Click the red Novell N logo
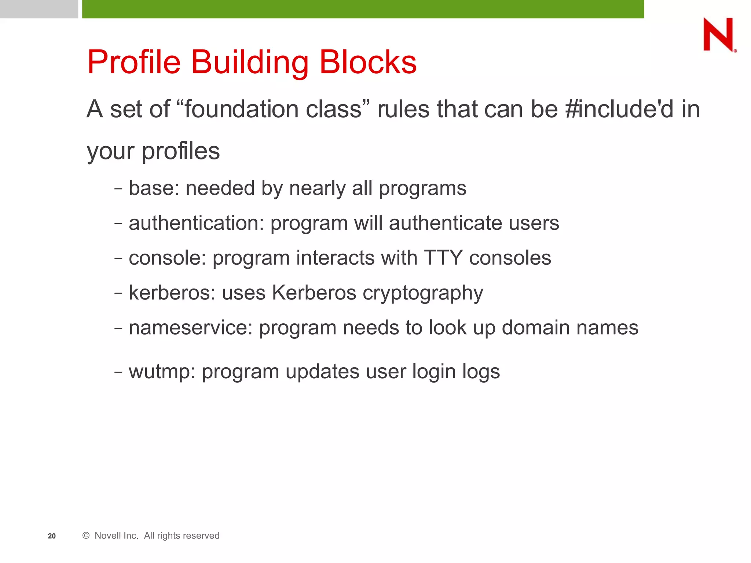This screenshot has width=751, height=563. point(718,35)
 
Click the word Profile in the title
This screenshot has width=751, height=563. point(134,62)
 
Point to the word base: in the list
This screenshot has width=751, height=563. point(154,188)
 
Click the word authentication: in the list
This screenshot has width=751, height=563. point(196,223)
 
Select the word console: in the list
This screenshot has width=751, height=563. point(167,258)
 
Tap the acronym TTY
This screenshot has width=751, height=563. point(443,258)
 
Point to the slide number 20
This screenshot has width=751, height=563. point(52,536)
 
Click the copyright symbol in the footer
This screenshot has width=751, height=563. point(86,536)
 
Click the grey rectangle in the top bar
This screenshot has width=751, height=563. point(39,9)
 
